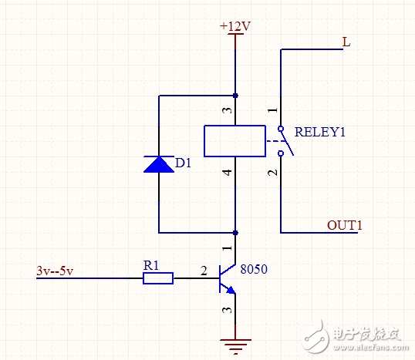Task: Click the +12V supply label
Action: [235, 26]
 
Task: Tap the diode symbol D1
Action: [158, 164]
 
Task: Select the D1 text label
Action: [184, 163]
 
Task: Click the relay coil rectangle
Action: [234, 141]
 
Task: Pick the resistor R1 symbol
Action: [158, 278]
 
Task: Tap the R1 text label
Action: [152, 264]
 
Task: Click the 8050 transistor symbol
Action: [228, 278]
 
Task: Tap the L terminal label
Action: [346, 42]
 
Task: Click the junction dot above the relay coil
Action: [235, 96]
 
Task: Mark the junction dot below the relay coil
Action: [235, 231]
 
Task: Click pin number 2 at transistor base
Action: [204, 271]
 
